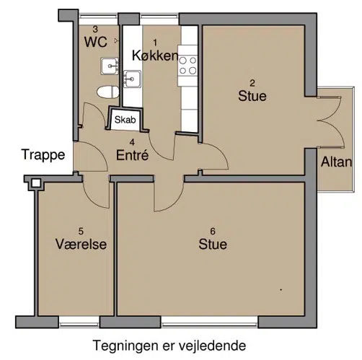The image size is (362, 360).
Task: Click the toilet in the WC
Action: [108, 92]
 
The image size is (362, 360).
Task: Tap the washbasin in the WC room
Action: [110, 66]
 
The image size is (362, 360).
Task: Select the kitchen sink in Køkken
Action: [132, 79]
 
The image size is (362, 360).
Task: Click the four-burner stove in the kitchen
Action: [187, 66]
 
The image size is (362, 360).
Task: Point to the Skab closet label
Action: [125, 120]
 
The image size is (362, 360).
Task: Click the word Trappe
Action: [43, 155]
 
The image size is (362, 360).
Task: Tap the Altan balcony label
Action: [337, 162]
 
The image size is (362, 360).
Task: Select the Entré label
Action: [133, 155]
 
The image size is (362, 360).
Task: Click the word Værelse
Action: [81, 244]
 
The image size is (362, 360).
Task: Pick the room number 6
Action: [213, 232]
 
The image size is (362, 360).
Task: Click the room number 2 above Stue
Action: [252, 83]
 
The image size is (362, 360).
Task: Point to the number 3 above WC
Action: [95, 30]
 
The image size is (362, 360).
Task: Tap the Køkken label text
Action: [155, 56]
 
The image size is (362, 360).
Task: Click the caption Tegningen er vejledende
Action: [169, 346]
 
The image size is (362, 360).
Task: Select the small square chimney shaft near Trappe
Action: [36, 183]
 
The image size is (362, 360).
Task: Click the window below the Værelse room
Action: [79, 322]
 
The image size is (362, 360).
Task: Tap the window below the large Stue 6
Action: [209, 322]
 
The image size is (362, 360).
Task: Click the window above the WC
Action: [99, 17]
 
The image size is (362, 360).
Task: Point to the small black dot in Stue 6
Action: [281, 290]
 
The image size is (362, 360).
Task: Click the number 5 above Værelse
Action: [81, 232]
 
